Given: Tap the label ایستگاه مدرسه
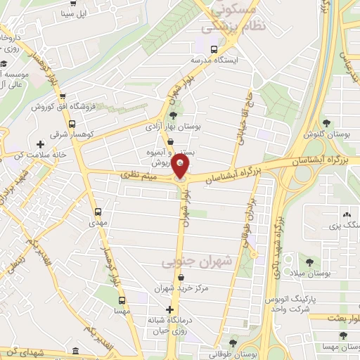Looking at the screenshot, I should (x=214, y=60).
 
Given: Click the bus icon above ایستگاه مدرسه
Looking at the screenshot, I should (x=214, y=49).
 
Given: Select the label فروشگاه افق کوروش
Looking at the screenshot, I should (x=58, y=106).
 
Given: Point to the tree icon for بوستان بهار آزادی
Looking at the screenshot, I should (x=173, y=116).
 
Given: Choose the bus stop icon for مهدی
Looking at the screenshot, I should (x=98, y=211).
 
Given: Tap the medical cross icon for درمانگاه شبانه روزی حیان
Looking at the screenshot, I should (x=169, y=309).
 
